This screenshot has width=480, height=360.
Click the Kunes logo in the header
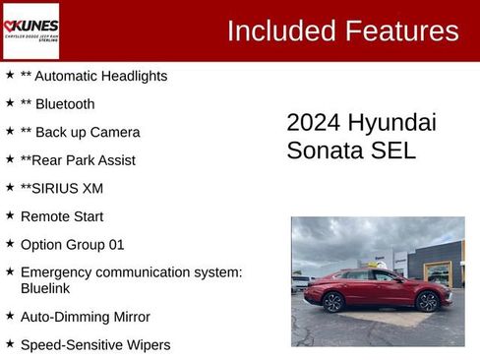tap(30, 30)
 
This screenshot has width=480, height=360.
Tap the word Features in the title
tap(400, 30)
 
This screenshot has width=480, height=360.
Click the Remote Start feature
tap(61, 216)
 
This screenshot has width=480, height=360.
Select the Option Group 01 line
tap(72, 244)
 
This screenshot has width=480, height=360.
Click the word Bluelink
tap(44, 289)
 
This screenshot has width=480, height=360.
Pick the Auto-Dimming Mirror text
tap(85, 317)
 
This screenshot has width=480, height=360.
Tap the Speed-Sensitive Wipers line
tap(95, 345)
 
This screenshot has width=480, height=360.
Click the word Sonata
tap(325, 150)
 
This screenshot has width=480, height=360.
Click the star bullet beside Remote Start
tap(10, 215)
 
